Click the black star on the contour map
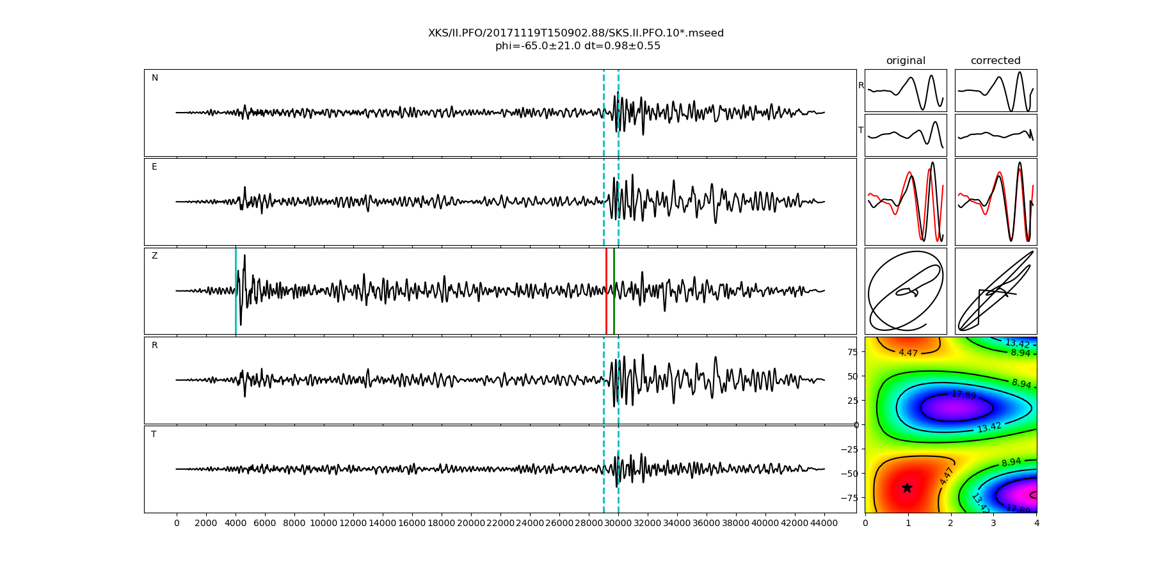pyautogui.click(x=907, y=488)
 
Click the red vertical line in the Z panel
pyautogui.click(x=606, y=291)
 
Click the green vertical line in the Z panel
pyautogui.click(x=614, y=291)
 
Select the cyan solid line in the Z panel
pyautogui.click(x=236, y=291)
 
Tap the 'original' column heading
pyautogui.click(x=906, y=61)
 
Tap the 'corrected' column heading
pyautogui.click(x=995, y=61)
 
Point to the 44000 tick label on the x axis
pyautogui.click(x=824, y=523)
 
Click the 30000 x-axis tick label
pyautogui.click(x=618, y=523)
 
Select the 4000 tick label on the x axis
pyautogui.click(x=236, y=523)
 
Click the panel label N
pyautogui.click(x=154, y=78)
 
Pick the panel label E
pyautogui.click(x=154, y=167)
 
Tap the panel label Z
pyautogui.click(x=154, y=256)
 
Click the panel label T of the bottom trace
pyautogui.click(x=154, y=435)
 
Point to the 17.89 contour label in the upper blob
pyautogui.click(x=963, y=395)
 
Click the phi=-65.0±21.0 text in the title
pyautogui.click(x=538, y=46)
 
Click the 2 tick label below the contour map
pyautogui.click(x=950, y=523)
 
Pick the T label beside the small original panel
pyautogui.click(x=861, y=131)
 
